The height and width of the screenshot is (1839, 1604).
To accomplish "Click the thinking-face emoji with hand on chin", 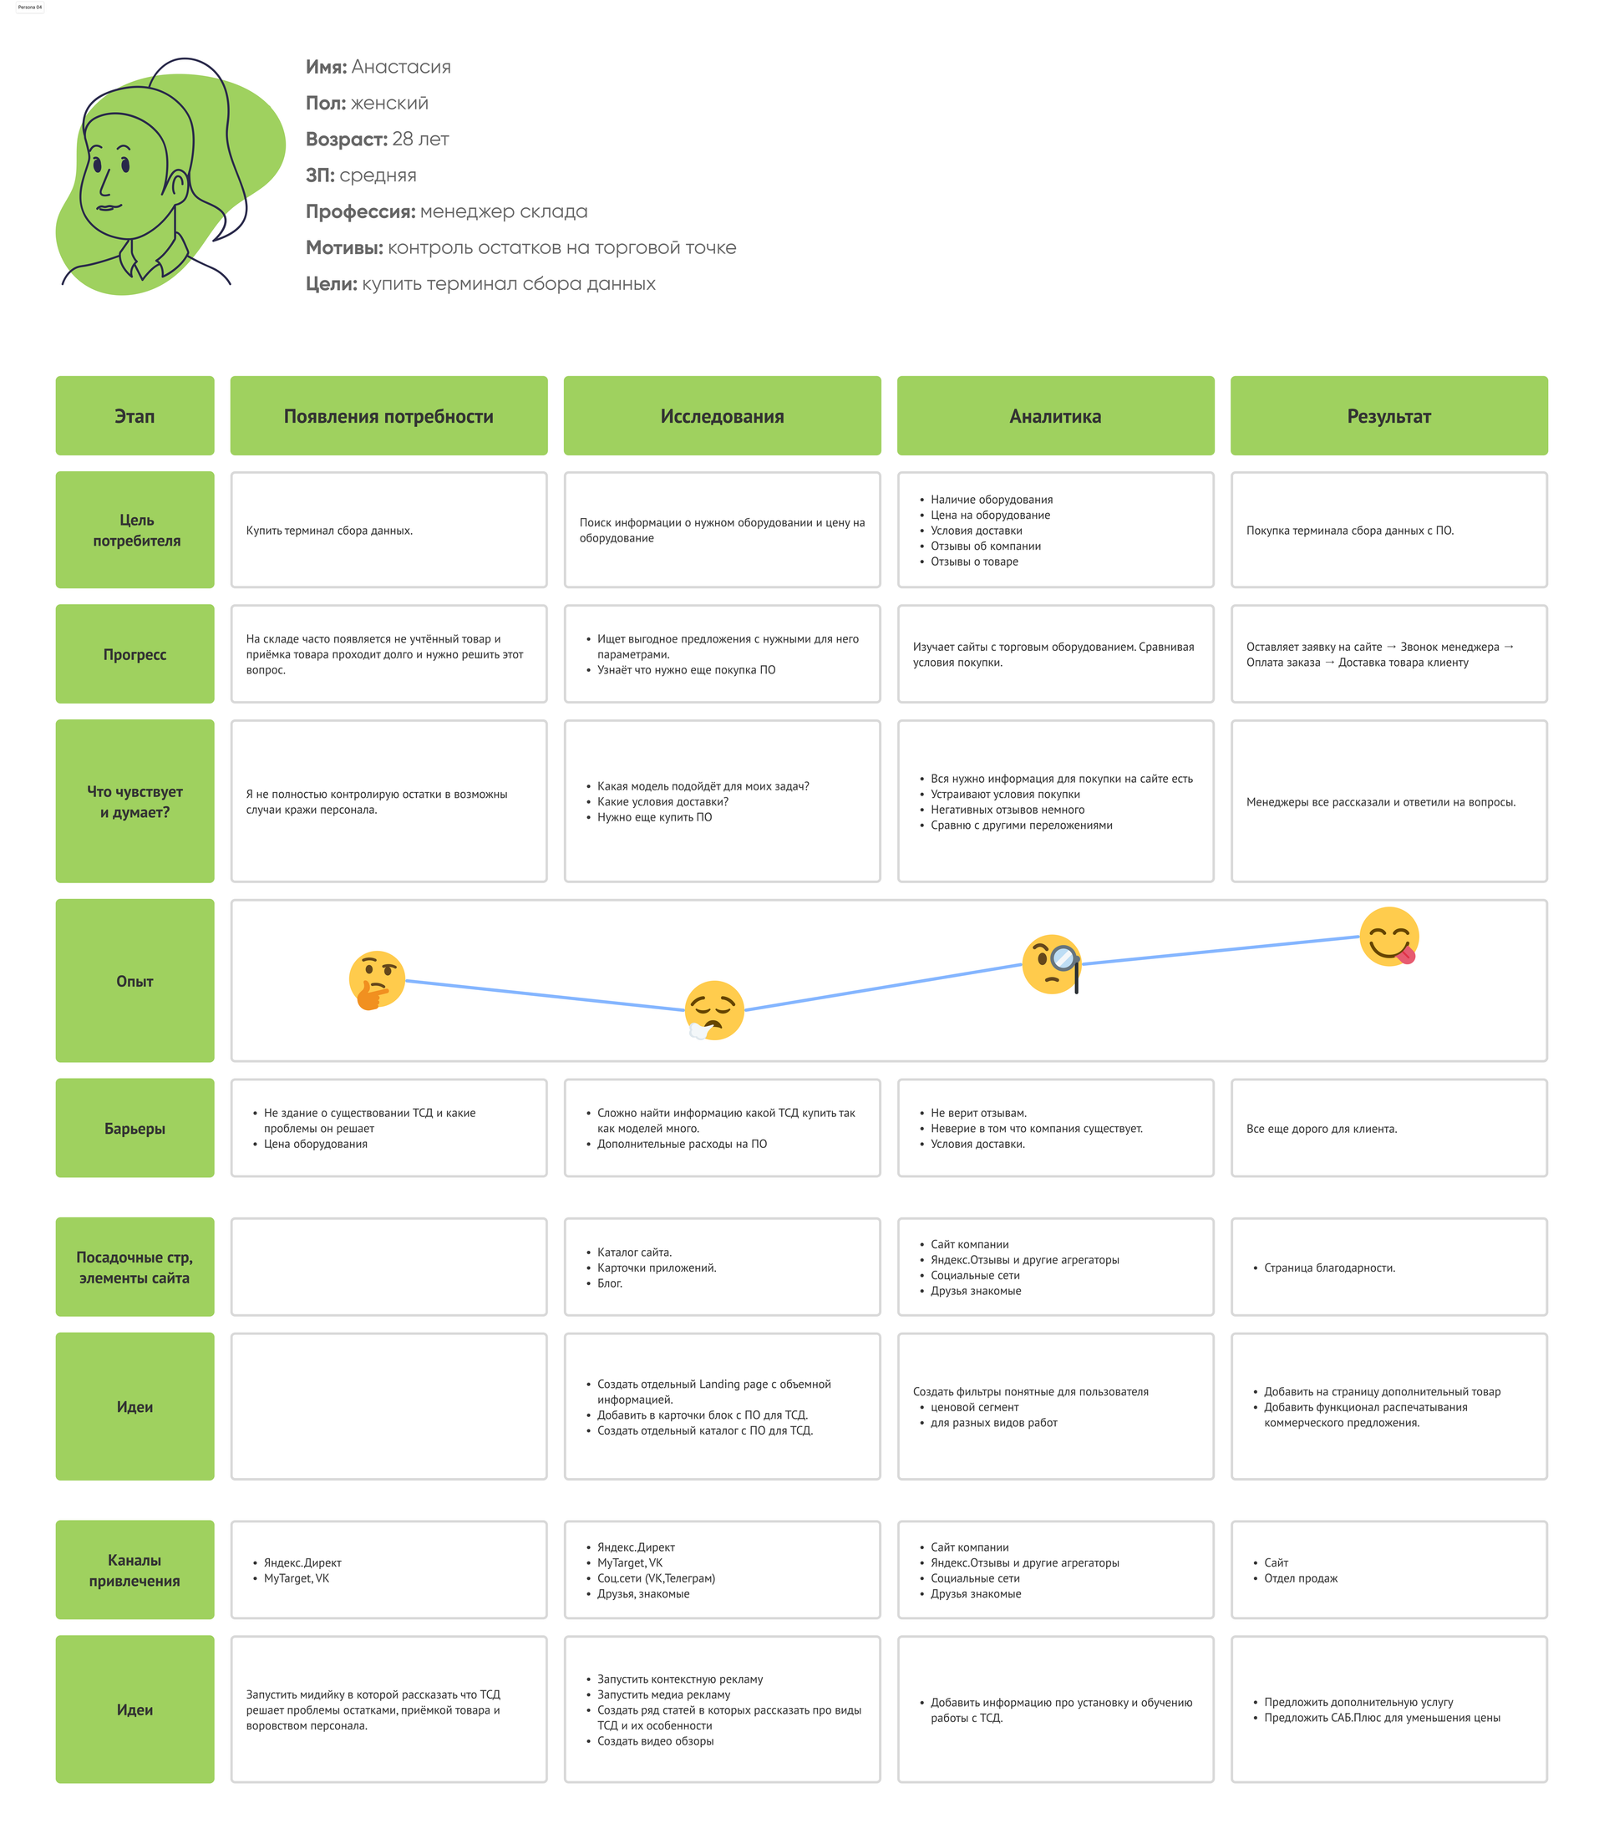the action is click(x=376, y=980).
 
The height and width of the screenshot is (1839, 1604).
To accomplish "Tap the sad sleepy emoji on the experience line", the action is click(x=714, y=1011).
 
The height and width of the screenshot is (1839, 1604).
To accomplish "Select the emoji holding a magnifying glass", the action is click(x=1052, y=964).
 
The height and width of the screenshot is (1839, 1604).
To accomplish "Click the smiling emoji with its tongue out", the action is click(x=1389, y=937).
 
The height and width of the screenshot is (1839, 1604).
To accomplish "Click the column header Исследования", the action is click(x=723, y=416).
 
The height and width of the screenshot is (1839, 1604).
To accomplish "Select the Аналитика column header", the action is click(x=1055, y=416).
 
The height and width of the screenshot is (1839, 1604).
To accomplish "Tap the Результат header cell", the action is click(x=1389, y=416).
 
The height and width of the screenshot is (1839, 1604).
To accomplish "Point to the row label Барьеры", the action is click(x=135, y=1129).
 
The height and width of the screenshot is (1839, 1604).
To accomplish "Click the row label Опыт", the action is click(x=135, y=981).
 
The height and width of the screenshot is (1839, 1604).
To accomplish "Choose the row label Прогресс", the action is click(x=135, y=654).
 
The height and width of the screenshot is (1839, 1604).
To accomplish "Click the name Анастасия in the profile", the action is click(x=401, y=67).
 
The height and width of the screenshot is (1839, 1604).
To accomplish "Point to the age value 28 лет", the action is click(x=421, y=139).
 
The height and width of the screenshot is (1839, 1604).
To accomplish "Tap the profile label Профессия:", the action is click(x=361, y=212).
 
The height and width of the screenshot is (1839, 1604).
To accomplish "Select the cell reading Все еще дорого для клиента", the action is click(x=1321, y=1129).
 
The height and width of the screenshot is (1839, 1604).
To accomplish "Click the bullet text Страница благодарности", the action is click(x=1329, y=1267).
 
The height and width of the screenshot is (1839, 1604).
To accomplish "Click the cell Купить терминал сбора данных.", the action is click(x=329, y=531).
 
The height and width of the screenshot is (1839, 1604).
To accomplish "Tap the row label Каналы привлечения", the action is click(x=135, y=1571).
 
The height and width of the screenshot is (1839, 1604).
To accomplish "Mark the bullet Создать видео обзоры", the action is click(x=655, y=1741).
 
